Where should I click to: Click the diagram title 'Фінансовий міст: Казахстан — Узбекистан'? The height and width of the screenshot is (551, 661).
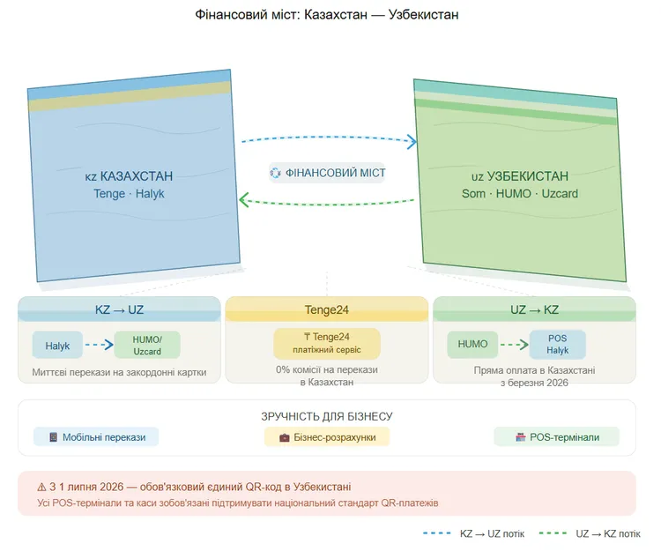[x=327, y=15]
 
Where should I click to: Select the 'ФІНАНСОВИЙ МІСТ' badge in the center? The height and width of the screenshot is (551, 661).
[x=327, y=173]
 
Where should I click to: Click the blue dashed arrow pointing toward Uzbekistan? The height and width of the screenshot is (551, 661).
[x=328, y=138]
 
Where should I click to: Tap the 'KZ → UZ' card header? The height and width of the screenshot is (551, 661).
[x=119, y=310]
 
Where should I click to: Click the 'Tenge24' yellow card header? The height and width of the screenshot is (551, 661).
[x=327, y=310]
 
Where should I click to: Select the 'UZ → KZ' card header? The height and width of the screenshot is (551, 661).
[x=534, y=310]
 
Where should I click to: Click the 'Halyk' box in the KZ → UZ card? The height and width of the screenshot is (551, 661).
[x=57, y=346]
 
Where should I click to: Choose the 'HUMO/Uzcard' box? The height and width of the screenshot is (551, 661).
[x=146, y=346]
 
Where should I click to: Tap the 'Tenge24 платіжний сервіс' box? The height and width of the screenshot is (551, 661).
[x=327, y=343]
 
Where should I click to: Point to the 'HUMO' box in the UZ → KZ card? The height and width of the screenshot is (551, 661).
[x=472, y=345]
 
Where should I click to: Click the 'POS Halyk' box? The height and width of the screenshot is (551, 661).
[x=558, y=345]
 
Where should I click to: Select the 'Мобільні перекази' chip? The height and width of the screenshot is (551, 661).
[x=97, y=437]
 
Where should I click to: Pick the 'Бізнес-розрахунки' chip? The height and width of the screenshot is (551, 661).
[x=327, y=437]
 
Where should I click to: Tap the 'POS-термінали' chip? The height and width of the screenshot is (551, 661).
[x=556, y=437]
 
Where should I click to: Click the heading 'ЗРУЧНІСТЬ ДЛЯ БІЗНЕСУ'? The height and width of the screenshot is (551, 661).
[x=327, y=416]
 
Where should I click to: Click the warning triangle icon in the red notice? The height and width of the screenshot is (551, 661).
[x=41, y=487]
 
